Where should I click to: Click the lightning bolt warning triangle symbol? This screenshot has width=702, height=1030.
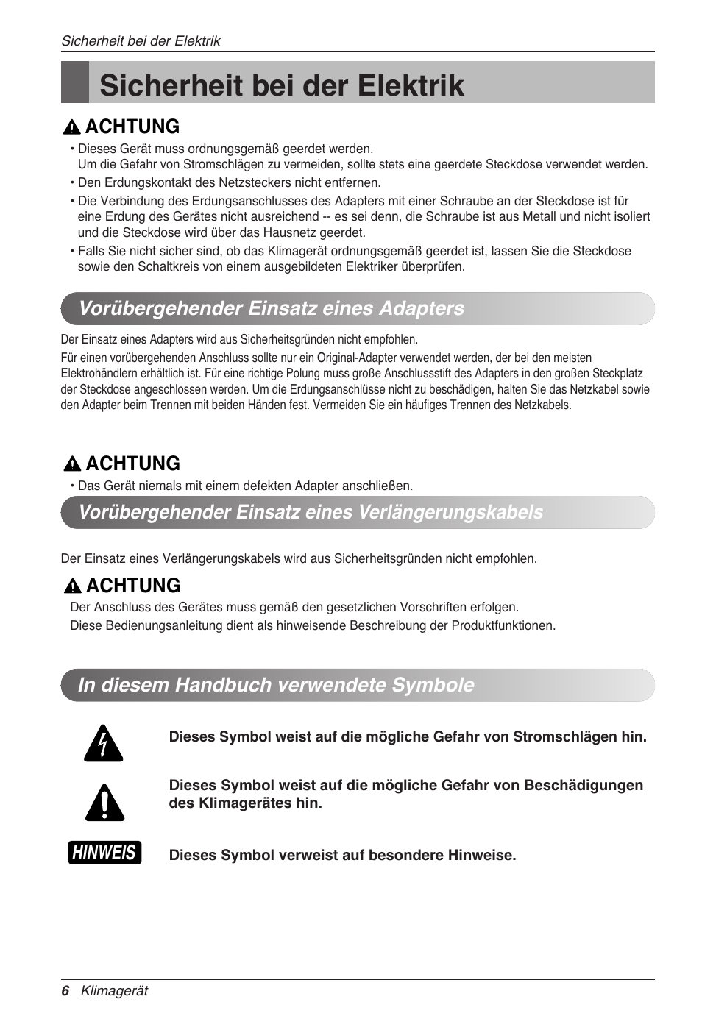click(103, 743)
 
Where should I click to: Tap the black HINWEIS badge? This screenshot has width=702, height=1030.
click(104, 853)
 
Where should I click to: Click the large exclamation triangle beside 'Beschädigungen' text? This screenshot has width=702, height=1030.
click(104, 803)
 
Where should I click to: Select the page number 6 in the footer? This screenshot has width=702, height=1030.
click(65, 991)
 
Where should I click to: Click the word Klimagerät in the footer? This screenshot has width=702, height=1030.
click(114, 991)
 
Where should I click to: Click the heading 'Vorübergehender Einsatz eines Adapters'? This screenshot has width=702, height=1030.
click(272, 308)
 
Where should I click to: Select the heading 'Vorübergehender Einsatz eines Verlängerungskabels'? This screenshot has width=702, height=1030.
click(311, 512)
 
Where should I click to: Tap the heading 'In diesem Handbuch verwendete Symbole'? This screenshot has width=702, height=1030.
click(276, 685)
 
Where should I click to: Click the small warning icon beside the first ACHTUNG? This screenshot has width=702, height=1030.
click(71, 127)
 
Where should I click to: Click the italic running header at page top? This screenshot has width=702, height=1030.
click(141, 41)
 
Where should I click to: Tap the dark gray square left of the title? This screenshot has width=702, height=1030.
click(74, 82)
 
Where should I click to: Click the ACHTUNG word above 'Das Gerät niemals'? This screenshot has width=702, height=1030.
click(132, 464)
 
